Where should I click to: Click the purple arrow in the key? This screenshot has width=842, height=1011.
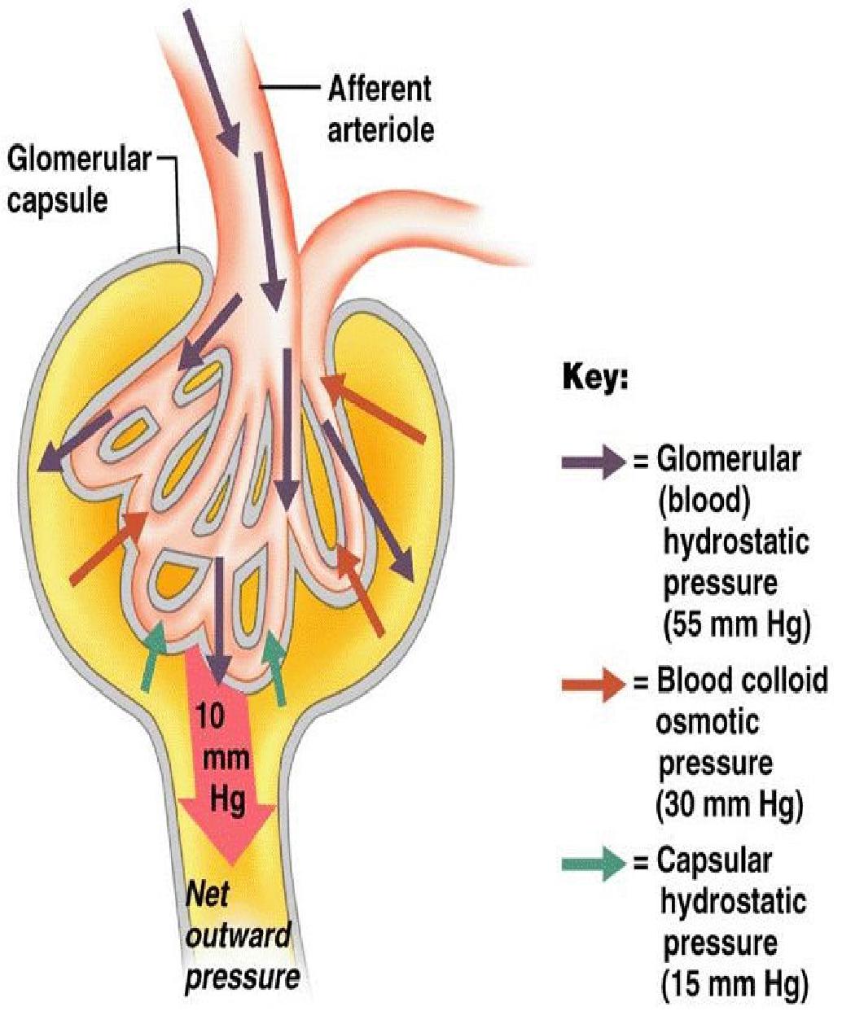(592, 462)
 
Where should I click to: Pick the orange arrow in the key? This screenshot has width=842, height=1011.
(592, 685)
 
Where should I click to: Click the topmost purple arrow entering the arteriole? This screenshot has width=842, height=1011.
(211, 81)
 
